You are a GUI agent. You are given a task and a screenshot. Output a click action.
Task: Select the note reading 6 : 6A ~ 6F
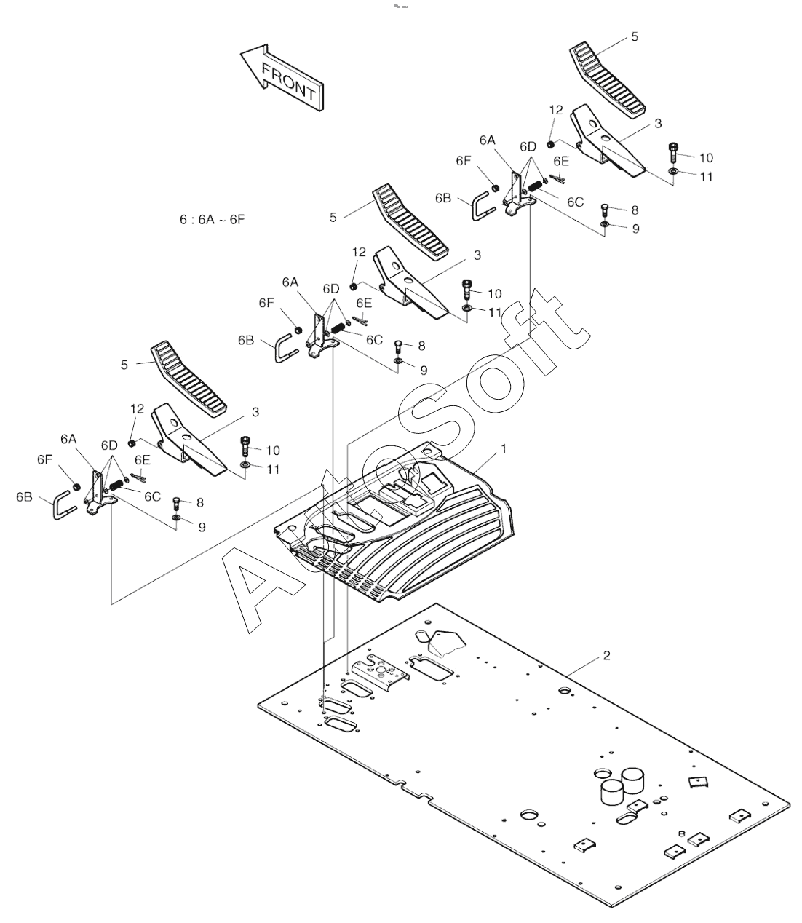[x=213, y=218]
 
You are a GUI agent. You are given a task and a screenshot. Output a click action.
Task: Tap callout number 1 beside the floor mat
[x=503, y=450]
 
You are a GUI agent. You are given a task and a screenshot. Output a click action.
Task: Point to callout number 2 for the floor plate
[x=606, y=656]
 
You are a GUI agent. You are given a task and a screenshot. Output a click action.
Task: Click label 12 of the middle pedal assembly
[x=360, y=252]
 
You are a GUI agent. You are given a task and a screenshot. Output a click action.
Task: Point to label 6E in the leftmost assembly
[x=142, y=459]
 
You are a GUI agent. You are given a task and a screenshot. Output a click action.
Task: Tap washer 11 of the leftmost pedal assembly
[x=245, y=464]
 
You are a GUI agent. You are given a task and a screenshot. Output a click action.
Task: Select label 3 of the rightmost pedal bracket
[x=658, y=124]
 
